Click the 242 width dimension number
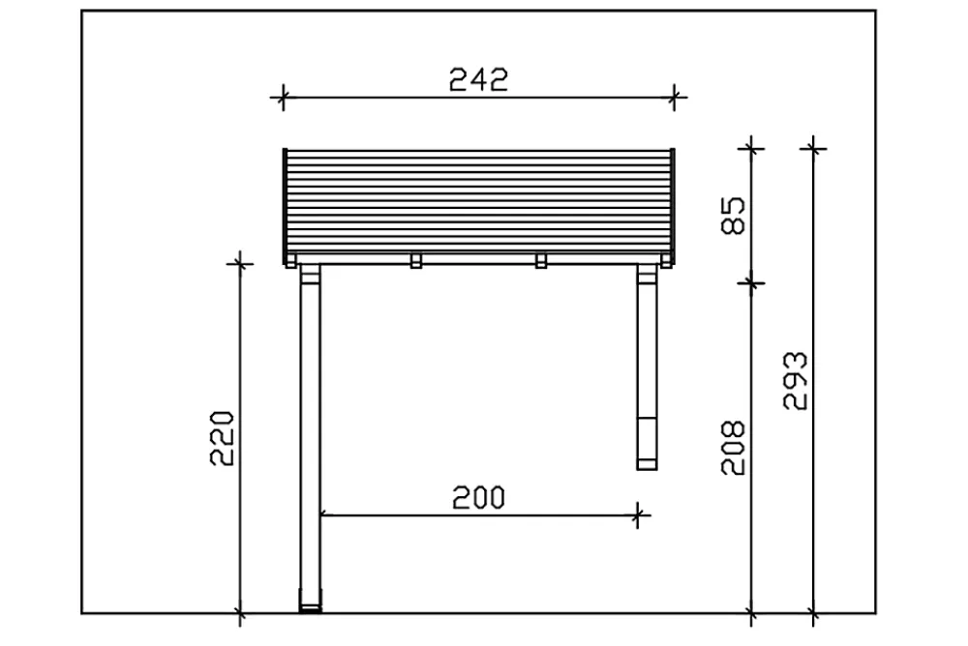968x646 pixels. point(478,79)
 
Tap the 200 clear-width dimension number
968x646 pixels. point(478,497)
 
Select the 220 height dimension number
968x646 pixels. point(223,438)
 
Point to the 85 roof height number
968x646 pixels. point(733,216)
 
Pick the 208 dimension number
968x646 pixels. point(733,448)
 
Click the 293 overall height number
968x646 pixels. point(795,381)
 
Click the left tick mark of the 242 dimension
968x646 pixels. point(282,98)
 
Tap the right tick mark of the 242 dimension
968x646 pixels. point(674,98)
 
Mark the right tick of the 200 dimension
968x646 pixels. point(638,514)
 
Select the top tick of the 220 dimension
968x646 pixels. point(240,264)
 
